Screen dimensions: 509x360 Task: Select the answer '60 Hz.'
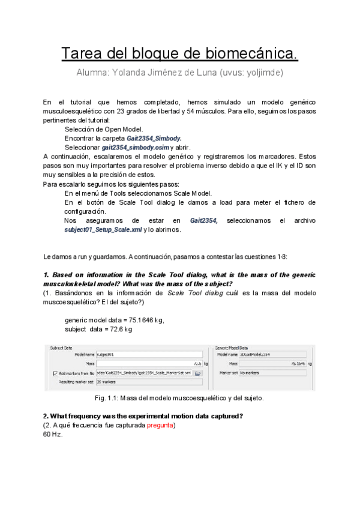(53, 435)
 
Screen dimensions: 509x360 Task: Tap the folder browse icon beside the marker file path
(197, 373)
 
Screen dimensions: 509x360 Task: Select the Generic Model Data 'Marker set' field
(272, 373)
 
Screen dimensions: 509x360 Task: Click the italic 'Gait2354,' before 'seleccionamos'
(204, 221)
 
